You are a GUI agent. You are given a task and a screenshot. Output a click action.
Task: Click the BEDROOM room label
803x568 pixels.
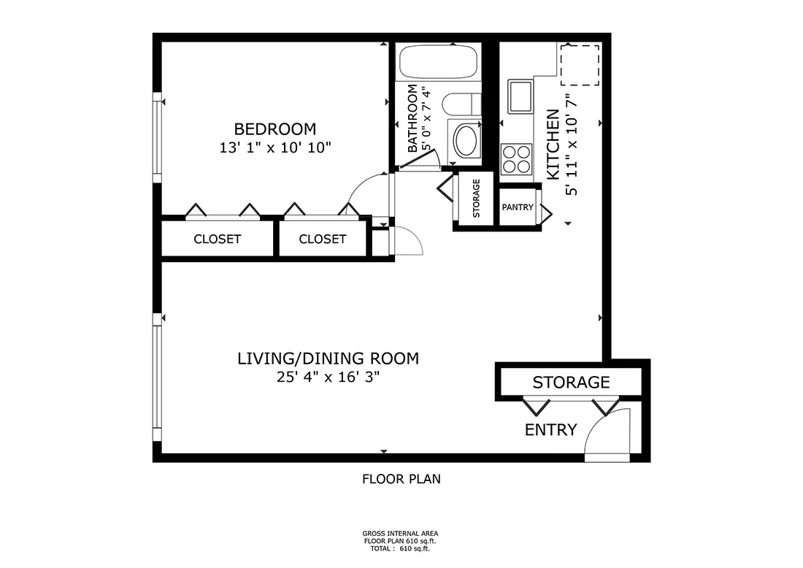pos(275,129)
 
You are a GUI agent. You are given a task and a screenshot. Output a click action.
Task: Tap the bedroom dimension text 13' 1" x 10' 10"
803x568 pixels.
pos(275,147)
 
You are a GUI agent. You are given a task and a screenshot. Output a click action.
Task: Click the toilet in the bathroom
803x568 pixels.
pos(462,105)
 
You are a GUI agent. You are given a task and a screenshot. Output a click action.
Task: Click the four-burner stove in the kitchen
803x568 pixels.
pos(517,159)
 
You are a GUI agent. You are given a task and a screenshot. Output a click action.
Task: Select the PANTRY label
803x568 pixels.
pos(517,207)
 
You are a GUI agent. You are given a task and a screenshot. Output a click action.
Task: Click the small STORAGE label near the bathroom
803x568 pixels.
pos(477,199)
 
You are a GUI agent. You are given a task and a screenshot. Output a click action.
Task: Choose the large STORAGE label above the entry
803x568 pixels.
pos(571,382)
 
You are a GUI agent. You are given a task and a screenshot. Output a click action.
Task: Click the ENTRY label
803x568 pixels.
pos(551,430)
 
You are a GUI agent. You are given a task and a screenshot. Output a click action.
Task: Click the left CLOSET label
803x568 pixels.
pos(217,239)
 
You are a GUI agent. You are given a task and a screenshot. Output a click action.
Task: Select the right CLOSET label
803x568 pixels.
pos(323,239)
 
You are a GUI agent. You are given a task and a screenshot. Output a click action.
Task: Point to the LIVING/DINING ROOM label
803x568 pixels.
pos(328,358)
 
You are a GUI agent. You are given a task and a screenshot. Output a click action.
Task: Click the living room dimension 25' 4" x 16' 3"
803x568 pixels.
pos(328,377)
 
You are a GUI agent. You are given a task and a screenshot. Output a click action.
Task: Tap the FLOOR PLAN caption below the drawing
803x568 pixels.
pos(401,479)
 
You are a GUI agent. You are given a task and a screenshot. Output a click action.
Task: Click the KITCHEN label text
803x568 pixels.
pos(553,144)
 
